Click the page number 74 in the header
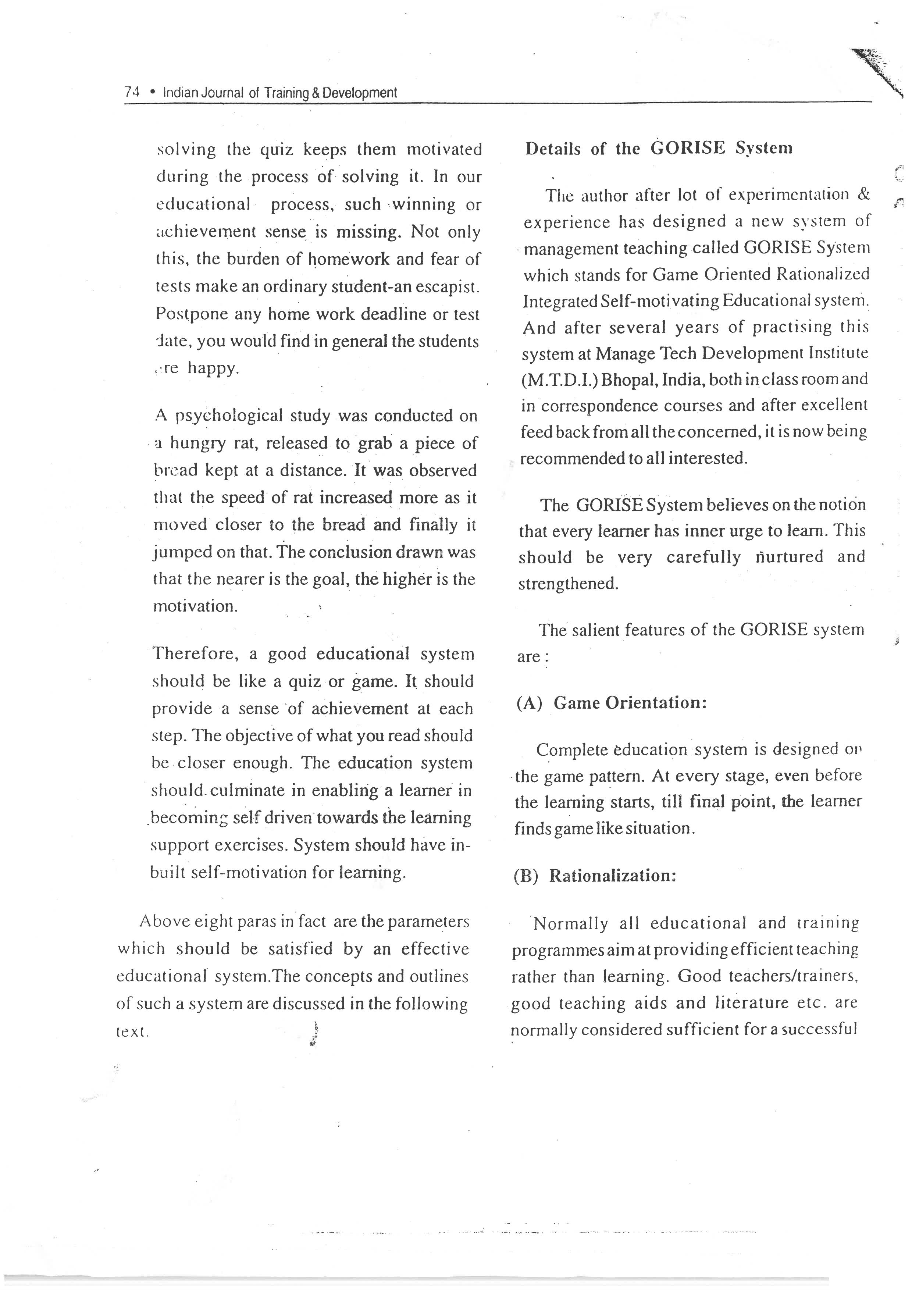tap(132, 93)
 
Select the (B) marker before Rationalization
tap(526, 876)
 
